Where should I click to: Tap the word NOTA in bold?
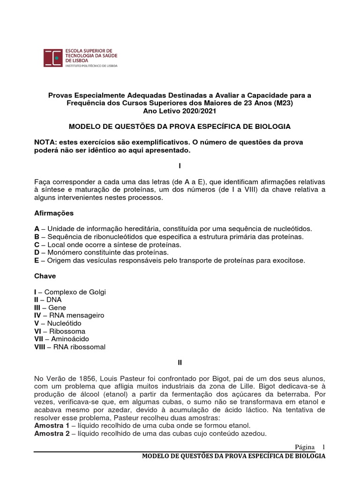pyautogui.click(x=46, y=142)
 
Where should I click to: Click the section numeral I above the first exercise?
pyautogui.click(x=180, y=166)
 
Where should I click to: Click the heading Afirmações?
pyautogui.click(x=54, y=213)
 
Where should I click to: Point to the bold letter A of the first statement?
pyautogui.click(x=37, y=228)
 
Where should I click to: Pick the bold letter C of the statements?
pyautogui.click(x=37, y=245)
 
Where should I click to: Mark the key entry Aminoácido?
pyautogui.click(x=73, y=339)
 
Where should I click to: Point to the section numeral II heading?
pyautogui.click(x=180, y=362)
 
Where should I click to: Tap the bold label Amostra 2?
pyautogui.click(x=52, y=434)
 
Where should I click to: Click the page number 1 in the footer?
pyautogui.click(x=323, y=446)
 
